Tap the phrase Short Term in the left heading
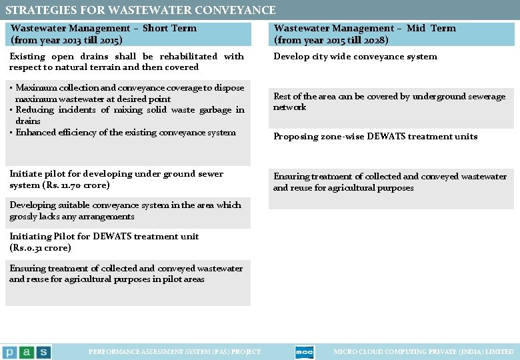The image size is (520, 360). click(169, 28)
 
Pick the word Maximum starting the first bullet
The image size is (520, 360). click(37, 88)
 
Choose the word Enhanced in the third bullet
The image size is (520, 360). click(36, 133)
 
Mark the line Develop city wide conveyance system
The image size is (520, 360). click(355, 57)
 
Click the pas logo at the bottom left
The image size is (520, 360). click(26, 352)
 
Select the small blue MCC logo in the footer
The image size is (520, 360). click(304, 352)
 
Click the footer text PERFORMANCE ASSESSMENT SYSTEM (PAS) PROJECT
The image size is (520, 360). click(175, 352)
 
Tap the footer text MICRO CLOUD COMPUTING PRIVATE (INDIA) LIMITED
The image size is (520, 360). click(423, 352)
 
